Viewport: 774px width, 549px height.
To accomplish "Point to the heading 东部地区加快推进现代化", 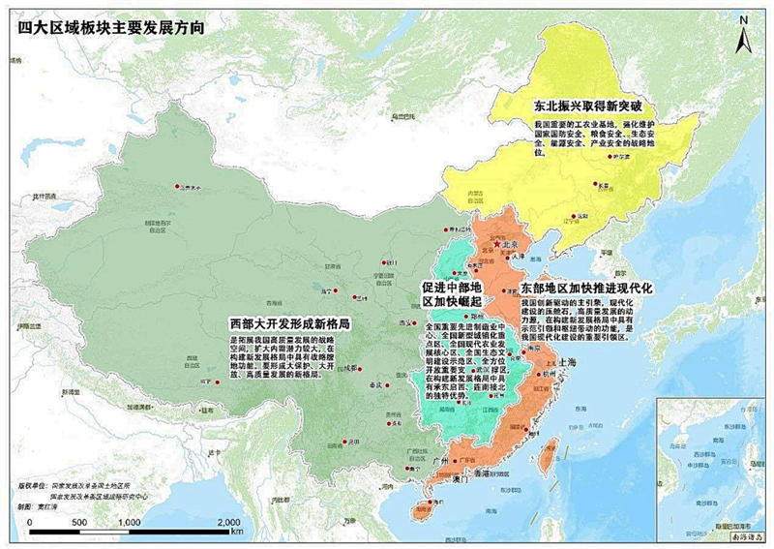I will pyautogui.click(x=587, y=289).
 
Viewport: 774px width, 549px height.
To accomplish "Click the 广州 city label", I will pyautogui.click(x=444, y=461).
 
